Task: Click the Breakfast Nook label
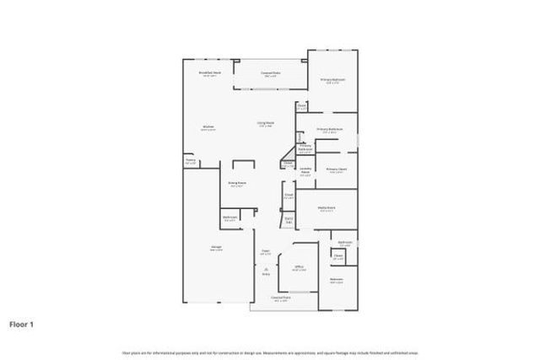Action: pyautogui.click(x=210, y=73)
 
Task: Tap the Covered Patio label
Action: pyautogui.click(x=270, y=74)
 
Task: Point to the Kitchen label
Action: pyautogui.click(x=208, y=128)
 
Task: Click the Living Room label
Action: pyautogui.click(x=265, y=124)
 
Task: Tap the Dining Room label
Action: pyautogui.click(x=237, y=184)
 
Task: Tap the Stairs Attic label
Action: pyautogui.click(x=289, y=221)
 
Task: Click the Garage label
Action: pyautogui.click(x=216, y=248)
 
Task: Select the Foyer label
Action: pyautogui.click(x=265, y=251)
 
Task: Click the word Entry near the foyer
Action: pyautogui.click(x=266, y=274)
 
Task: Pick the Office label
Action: pyautogui.click(x=299, y=269)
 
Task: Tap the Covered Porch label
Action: pyautogui.click(x=280, y=298)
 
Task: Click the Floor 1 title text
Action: pyautogui.click(x=21, y=323)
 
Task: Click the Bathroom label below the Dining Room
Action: pyautogui.click(x=229, y=218)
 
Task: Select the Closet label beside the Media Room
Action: pyautogui.click(x=289, y=196)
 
